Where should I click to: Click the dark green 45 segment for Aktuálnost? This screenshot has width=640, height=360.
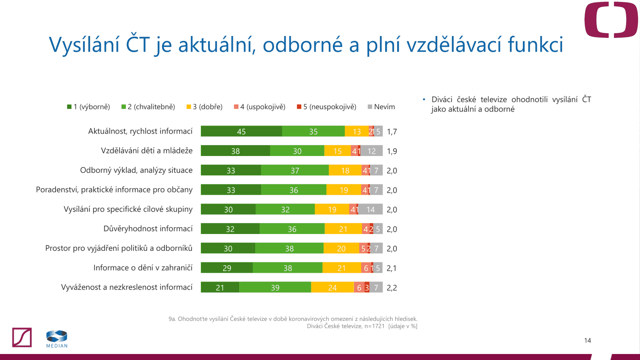241,131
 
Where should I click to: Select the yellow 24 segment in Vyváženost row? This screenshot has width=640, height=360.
332,287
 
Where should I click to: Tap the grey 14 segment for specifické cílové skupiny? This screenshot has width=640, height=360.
370,209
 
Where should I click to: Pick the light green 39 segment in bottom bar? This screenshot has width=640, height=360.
275,287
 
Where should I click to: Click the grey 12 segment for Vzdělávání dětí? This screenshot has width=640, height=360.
372,151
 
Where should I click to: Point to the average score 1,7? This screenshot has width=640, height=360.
392,132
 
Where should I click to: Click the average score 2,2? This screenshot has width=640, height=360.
392,288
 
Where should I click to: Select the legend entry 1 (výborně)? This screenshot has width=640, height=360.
89,107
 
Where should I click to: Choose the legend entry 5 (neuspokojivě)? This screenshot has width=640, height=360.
326,107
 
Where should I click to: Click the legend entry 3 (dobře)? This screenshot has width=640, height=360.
204,107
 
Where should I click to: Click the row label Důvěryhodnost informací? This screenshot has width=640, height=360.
148,229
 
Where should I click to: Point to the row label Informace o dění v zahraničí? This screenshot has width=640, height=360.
143,268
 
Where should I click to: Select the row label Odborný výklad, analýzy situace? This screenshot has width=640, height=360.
136,170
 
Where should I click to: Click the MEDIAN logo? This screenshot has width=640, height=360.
57,339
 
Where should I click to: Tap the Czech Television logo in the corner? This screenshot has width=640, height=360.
611,20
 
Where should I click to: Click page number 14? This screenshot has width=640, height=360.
587,340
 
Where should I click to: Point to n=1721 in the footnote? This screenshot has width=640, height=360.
374,326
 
